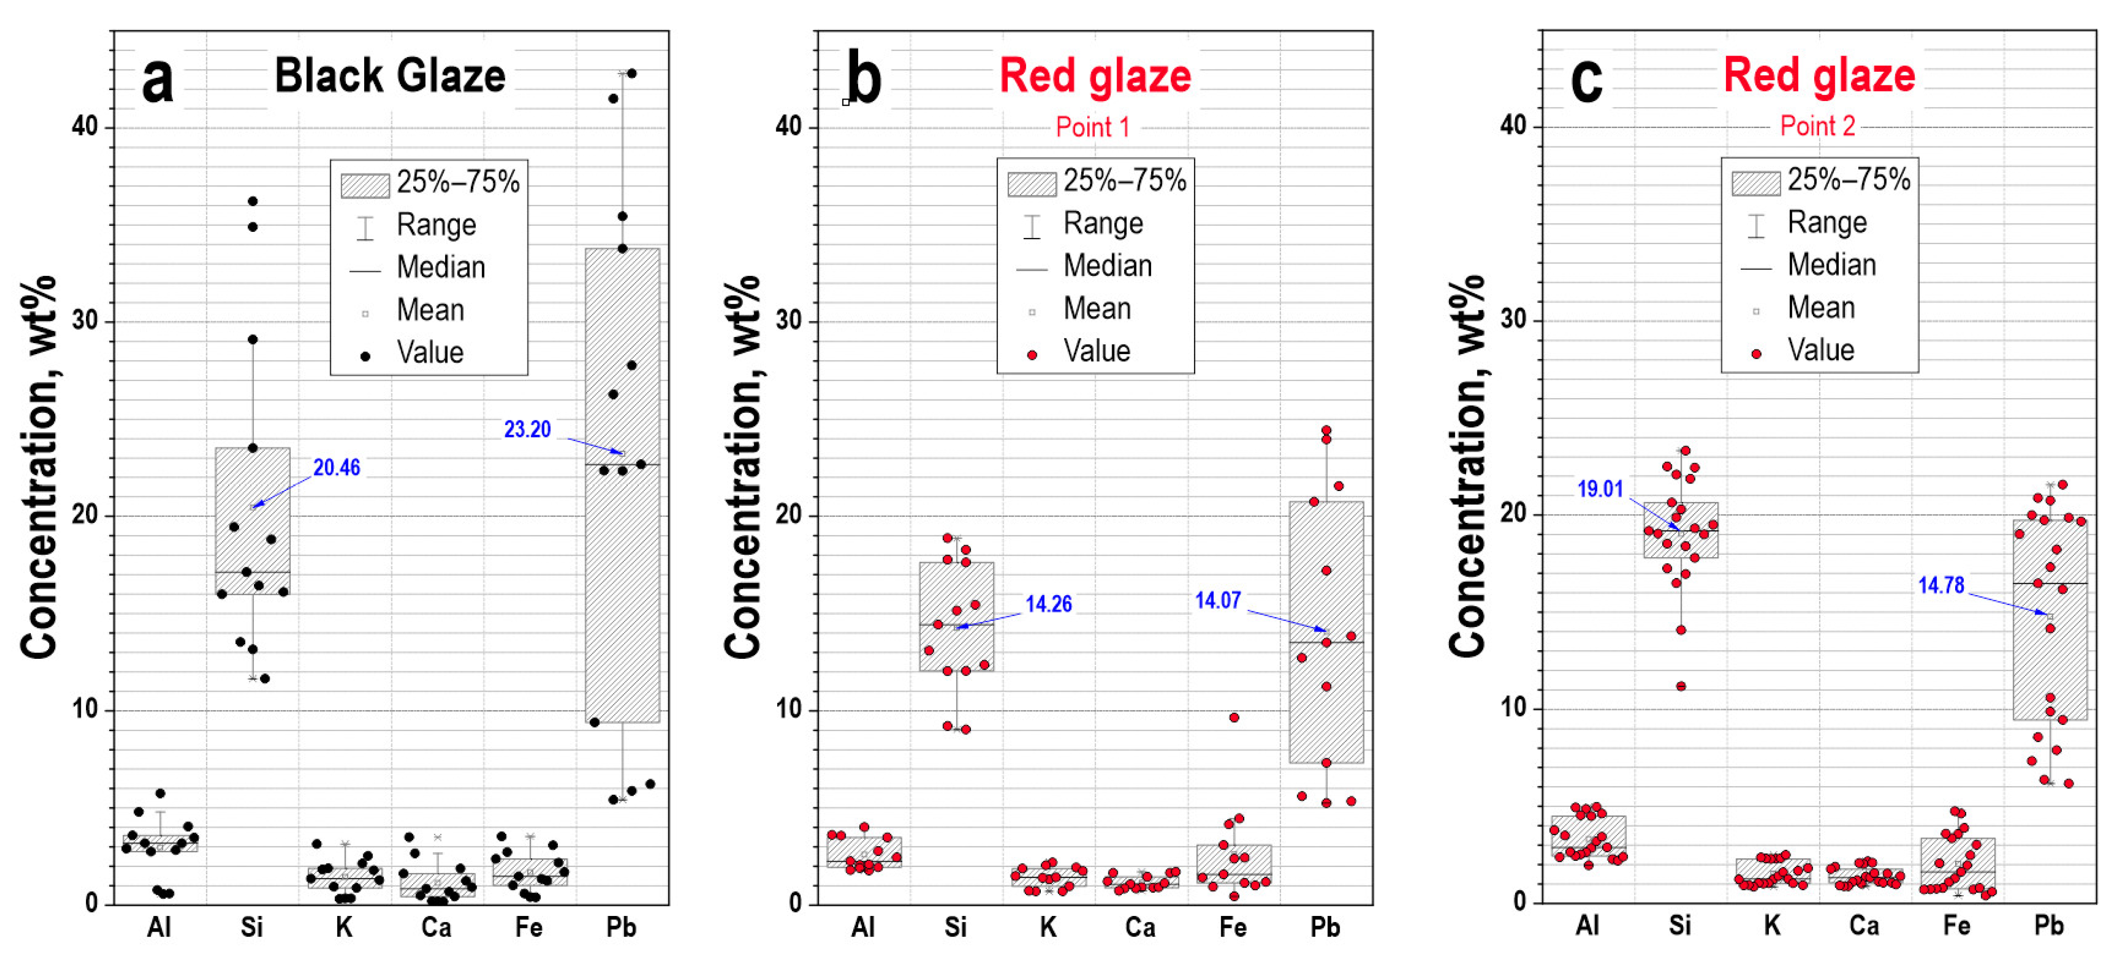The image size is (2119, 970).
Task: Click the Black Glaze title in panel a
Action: point(390,76)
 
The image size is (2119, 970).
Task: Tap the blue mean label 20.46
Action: point(336,468)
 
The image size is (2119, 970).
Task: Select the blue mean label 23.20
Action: point(527,429)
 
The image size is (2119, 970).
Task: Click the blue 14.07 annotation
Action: point(1217,601)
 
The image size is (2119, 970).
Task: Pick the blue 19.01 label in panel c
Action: point(1600,489)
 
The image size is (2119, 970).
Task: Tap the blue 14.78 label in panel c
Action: point(1941,586)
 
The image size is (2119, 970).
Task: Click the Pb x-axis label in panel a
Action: point(621,927)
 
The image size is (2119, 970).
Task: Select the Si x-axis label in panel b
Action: point(955,927)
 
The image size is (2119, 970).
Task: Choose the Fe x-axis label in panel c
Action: point(1956,926)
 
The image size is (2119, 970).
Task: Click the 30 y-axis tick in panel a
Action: point(85,321)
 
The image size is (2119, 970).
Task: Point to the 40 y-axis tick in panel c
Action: point(1514,126)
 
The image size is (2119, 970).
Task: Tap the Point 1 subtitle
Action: point(1092,127)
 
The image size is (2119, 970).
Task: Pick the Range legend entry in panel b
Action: point(1102,224)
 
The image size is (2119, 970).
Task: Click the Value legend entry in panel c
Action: point(1821,350)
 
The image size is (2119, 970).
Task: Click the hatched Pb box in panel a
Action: point(622,485)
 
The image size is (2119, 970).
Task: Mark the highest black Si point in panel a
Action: point(252,202)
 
